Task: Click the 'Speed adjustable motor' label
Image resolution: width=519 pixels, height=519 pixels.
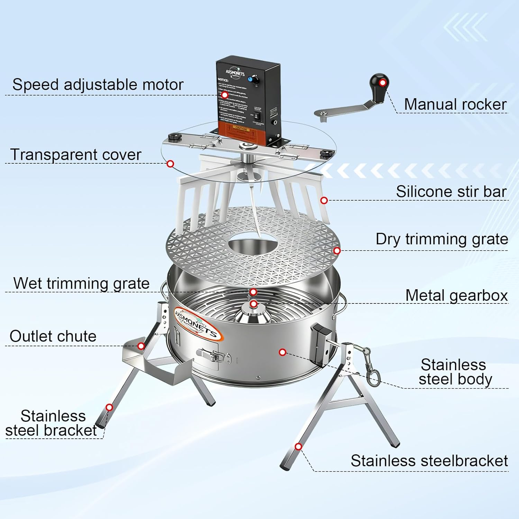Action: [x=98, y=85]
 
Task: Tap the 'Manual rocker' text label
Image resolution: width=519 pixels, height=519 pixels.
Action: [x=455, y=104]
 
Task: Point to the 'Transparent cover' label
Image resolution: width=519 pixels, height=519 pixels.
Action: [x=76, y=155]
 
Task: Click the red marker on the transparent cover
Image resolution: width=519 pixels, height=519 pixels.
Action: [x=170, y=164]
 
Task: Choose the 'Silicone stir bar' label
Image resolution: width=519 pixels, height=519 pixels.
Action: [x=451, y=192]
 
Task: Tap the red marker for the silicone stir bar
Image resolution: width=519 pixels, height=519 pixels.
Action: [x=324, y=200]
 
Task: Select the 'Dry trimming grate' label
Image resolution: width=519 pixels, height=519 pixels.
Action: [x=442, y=239]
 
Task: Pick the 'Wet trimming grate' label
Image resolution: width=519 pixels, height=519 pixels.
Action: [x=81, y=283]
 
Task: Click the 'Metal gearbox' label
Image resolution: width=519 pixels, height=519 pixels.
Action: [x=456, y=295]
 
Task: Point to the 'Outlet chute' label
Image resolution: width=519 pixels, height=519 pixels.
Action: [x=53, y=336]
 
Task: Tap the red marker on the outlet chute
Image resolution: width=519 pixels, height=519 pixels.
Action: [x=141, y=346]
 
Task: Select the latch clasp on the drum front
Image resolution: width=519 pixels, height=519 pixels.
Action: [x=211, y=355]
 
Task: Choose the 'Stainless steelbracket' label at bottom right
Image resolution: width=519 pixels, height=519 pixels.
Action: [x=429, y=461]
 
